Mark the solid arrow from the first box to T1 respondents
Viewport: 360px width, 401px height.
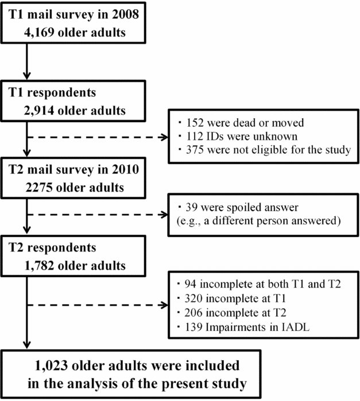25,60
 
